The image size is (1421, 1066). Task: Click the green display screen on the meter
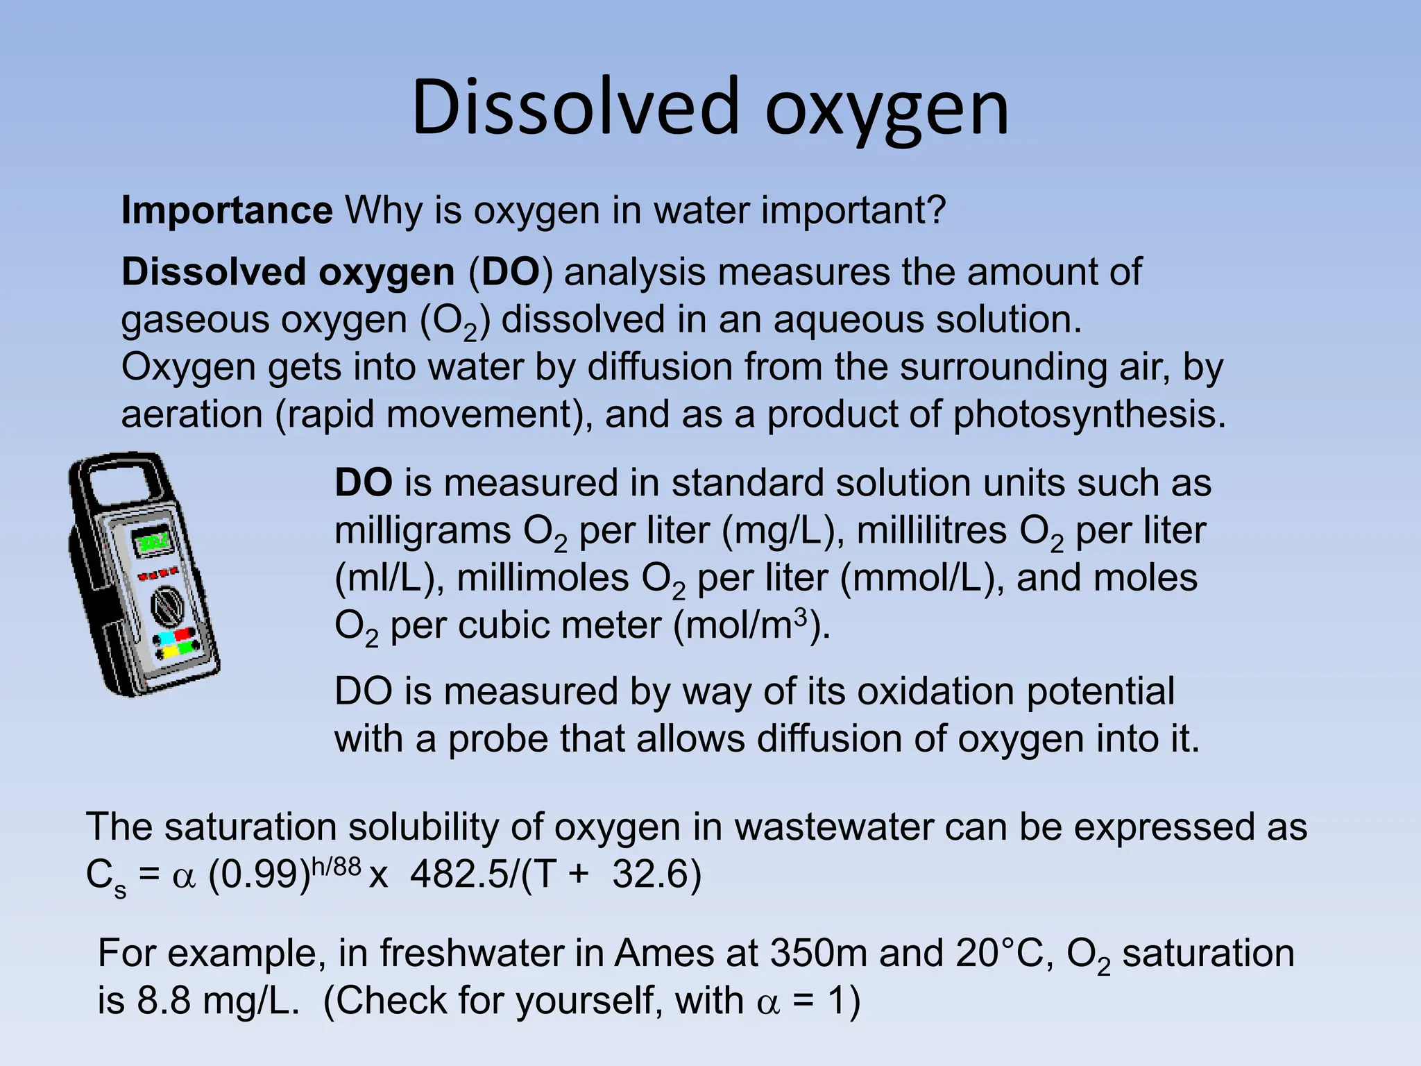pyautogui.click(x=153, y=541)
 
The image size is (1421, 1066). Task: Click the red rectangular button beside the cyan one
pyautogui.click(x=185, y=634)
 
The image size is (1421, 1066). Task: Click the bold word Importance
pyautogui.click(x=227, y=210)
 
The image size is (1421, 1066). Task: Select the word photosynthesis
pyautogui.click(x=1089, y=414)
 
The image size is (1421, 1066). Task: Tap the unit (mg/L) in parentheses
pyautogui.click(x=783, y=531)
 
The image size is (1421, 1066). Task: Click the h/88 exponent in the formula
pyautogui.click(x=337, y=867)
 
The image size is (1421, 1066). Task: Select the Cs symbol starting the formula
pyautogui.click(x=105, y=877)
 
